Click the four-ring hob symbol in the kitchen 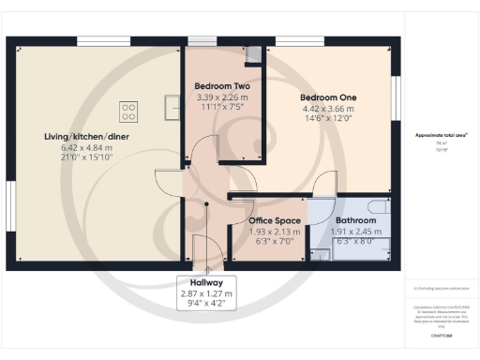[x=127, y=112]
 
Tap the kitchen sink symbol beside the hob [x=171, y=108]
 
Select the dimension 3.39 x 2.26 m [x=221, y=97]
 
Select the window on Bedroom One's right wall [x=395, y=97]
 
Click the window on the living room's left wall [x=10, y=203]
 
